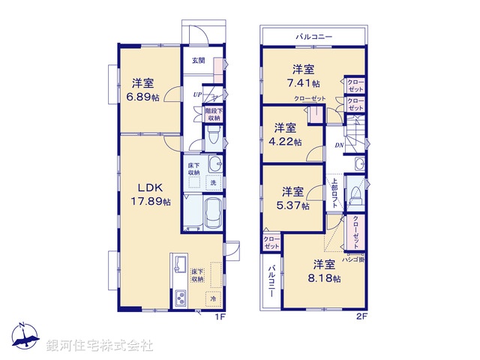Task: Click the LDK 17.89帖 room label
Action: (153, 193)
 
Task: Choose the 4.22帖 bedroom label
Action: (287, 134)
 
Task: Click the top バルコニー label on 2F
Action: (314, 36)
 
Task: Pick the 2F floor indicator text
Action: (361, 316)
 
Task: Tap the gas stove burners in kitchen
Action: (182, 299)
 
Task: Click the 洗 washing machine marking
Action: (212, 182)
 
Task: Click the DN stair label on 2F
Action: (339, 145)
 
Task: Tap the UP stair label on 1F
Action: (197, 94)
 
